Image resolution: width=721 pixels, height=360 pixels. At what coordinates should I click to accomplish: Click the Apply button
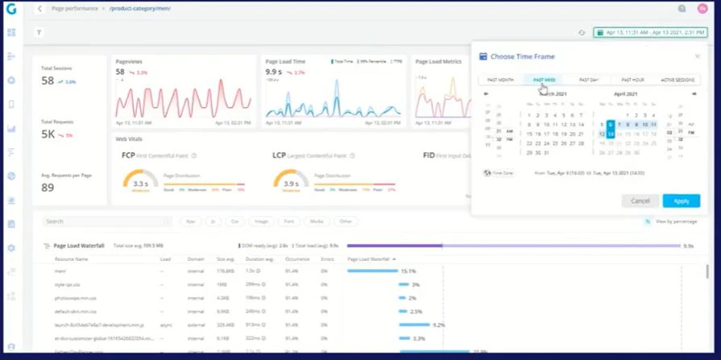pyautogui.click(x=681, y=201)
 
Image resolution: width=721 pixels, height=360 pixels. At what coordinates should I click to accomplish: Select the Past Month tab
pyautogui.click(x=500, y=80)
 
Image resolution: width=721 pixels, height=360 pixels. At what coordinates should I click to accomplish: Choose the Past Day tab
pyautogui.click(x=589, y=80)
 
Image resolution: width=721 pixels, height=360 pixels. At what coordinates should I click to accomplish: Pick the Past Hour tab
pyautogui.click(x=632, y=80)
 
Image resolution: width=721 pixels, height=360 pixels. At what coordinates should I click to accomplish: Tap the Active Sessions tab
pyautogui.click(x=677, y=80)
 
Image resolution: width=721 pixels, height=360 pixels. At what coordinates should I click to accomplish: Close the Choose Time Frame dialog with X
pyautogui.click(x=697, y=56)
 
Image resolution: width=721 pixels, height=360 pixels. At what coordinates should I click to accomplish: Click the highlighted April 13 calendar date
pyautogui.click(x=611, y=134)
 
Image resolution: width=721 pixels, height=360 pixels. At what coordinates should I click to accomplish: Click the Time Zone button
pyautogui.click(x=499, y=173)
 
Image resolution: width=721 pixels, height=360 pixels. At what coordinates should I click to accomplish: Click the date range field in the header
pyautogui.click(x=649, y=32)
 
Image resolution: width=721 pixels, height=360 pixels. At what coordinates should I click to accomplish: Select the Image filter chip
pyautogui.click(x=261, y=221)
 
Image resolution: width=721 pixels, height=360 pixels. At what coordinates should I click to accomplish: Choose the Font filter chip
pyautogui.click(x=289, y=221)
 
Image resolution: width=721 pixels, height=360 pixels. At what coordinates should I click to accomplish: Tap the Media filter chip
pyautogui.click(x=317, y=221)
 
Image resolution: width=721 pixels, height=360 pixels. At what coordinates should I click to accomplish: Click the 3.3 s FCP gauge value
pyautogui.click(x=139, y=184)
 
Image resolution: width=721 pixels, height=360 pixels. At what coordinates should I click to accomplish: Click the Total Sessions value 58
pyautogui.click(x=48, y=81)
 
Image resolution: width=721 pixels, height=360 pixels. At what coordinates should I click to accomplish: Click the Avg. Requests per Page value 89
pyautogui.click(x=48, y=188)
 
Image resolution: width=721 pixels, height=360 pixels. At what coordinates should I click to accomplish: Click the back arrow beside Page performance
pyautogui.click(x=39, y=8)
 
